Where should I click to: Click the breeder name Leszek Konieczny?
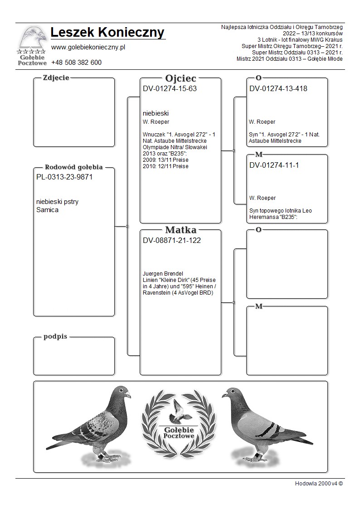click(x=107, y=33)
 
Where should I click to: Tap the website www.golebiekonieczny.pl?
click(x=88, y=47)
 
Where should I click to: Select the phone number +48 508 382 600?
click(x=76, y=63)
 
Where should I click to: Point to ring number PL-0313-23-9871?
click(x=64, y=177)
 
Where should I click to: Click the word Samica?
click(x=47, y=210)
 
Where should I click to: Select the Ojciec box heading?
click(x=180, y=78)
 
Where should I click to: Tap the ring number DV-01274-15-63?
click(x=170, y=88)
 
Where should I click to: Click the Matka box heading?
click(x=180, y=230)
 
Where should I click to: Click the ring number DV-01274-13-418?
click(x=278, y=88)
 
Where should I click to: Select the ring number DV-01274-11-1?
click(x=274, y=165)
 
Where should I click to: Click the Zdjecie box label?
click(x=56, y=78)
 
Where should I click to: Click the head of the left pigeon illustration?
click(x=121, y=393)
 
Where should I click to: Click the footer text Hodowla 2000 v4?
click(x=318, y=484)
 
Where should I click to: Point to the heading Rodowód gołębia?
click(x=73, y=167)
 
